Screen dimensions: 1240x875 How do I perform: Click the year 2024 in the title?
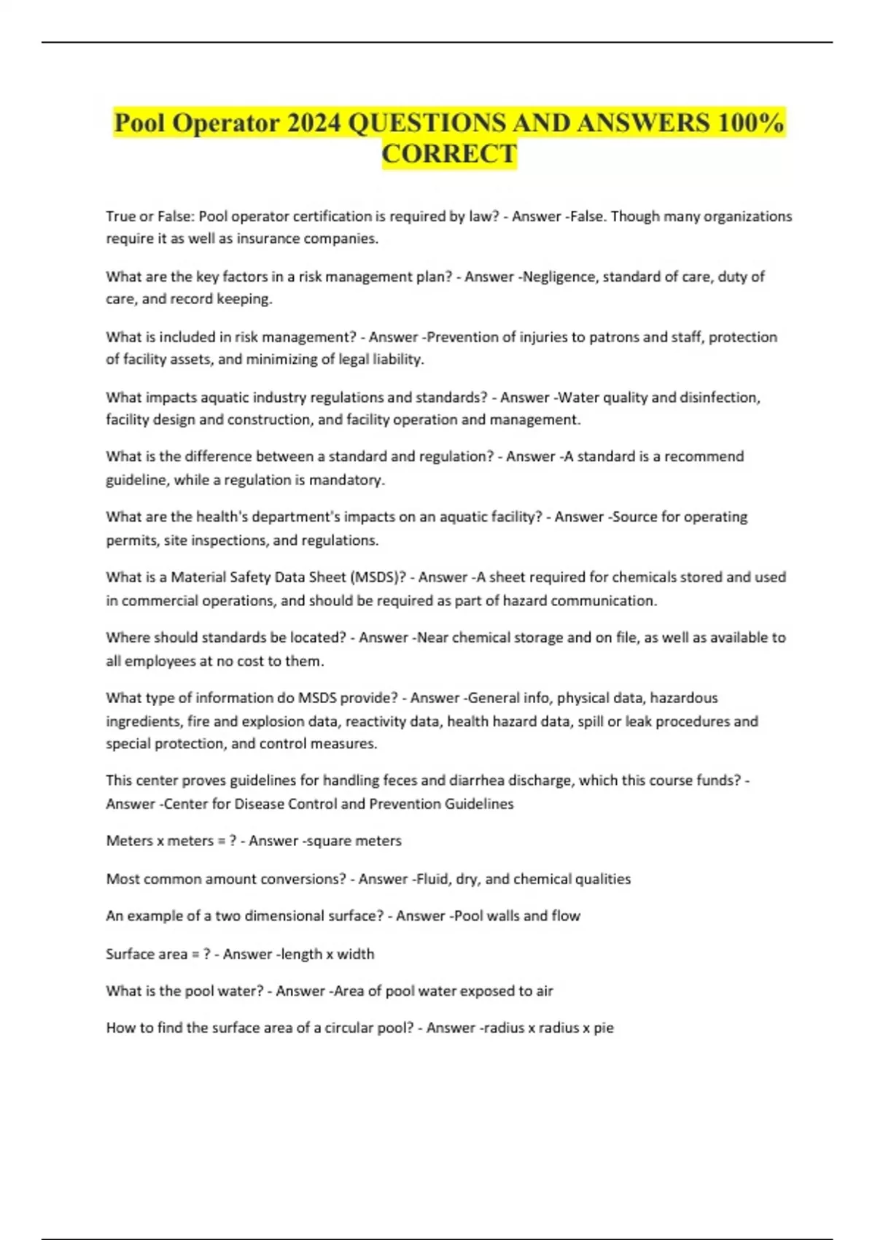point(314,123)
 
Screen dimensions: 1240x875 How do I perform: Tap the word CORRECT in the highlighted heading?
point(449,154)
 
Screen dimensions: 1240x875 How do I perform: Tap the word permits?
point(130,540)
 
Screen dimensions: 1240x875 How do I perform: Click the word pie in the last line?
point(603,1028)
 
